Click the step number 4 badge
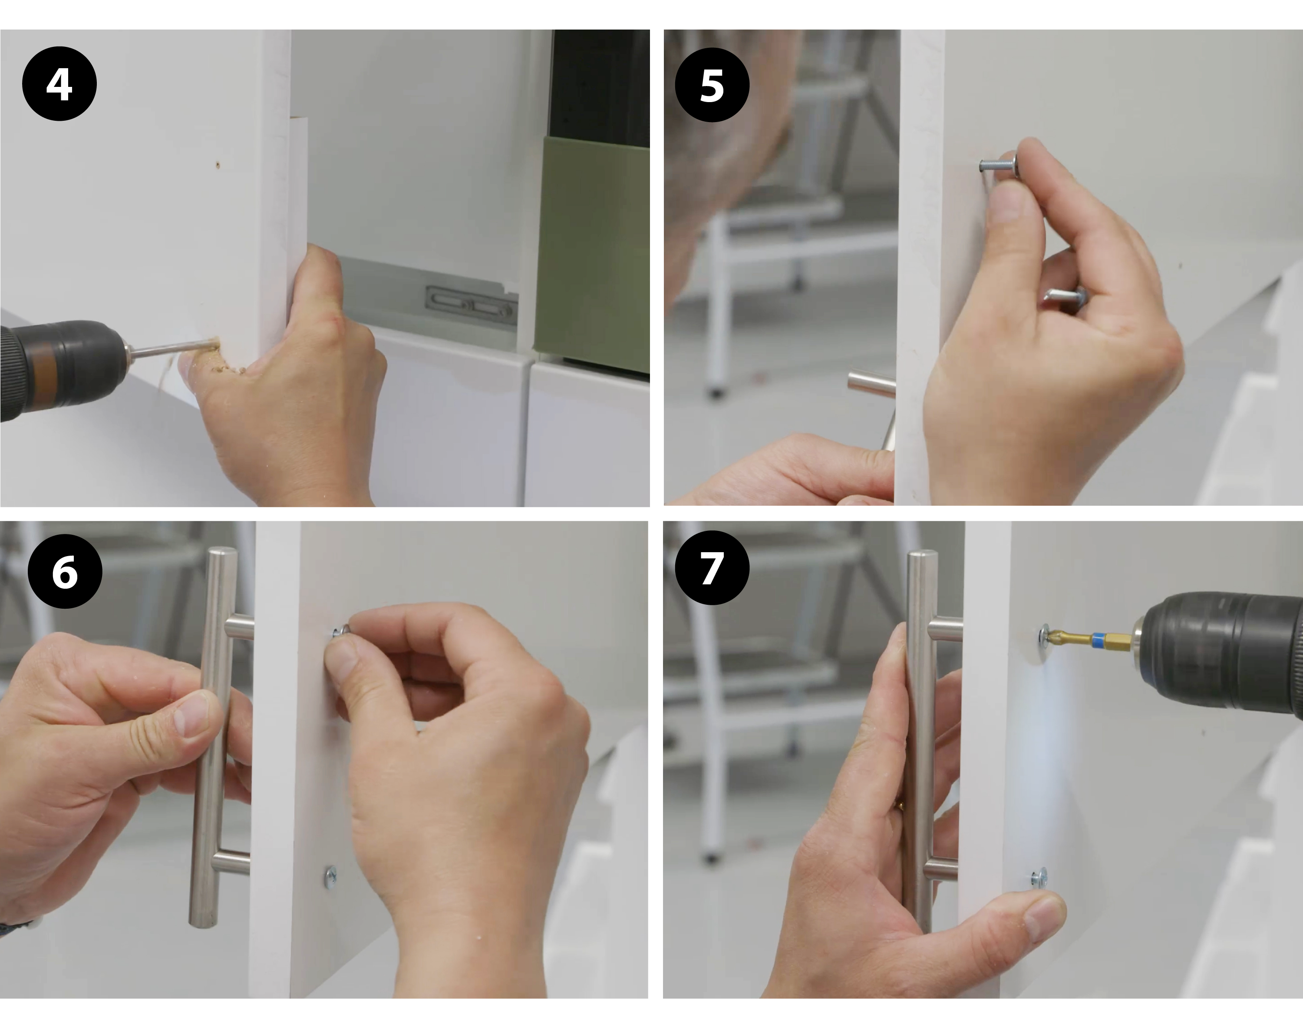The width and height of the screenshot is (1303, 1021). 59,84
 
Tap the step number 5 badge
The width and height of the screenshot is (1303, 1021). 712,86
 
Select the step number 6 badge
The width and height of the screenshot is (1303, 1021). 65,571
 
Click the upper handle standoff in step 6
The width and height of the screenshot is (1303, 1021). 240,628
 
